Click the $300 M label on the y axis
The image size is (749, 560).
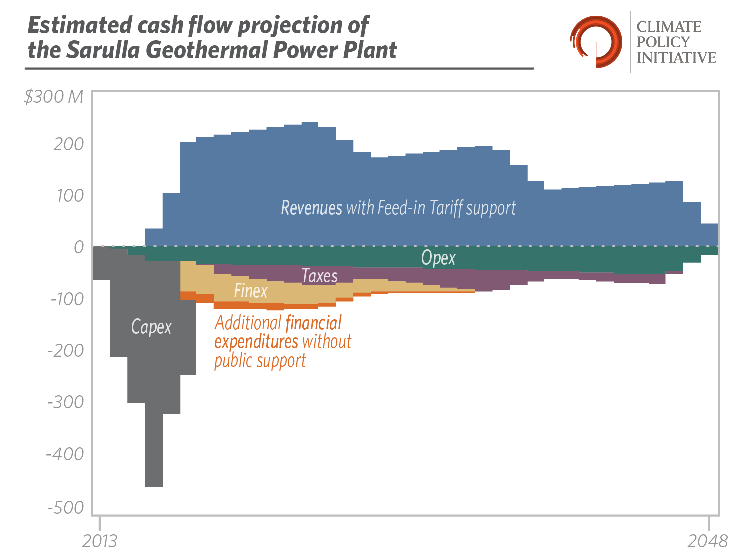(x=53, y=97)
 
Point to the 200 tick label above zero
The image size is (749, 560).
(x=69, y=144)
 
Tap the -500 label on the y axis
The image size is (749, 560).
(x=66, y=508)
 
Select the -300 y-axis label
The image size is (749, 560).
(x=66, y=402)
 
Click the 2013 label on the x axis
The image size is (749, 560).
(x=100, y=541)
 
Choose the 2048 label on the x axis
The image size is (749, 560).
(x=708, y=541)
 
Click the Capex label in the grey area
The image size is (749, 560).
(x=151, y=327)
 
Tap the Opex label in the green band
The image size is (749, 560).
(x=438, y=258)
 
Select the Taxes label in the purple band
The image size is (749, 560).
(x=319, y=276)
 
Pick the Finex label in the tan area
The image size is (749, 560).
(x=251, y=291)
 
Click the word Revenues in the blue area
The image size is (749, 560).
(x=311, y=207)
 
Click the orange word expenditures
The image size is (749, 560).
(x=256, y=342)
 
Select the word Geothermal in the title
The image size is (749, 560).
(x=207, y=50)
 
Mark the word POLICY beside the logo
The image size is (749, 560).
(x=663, y=42)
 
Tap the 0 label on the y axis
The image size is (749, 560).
(x=79, y=247)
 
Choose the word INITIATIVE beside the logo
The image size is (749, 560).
(x=676, y=58)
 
